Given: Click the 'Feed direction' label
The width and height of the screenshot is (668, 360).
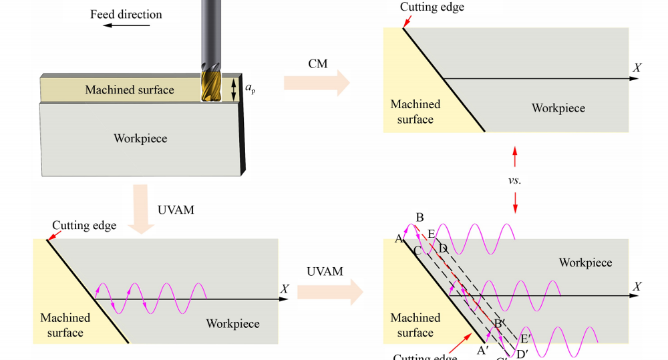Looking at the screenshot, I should pyautogui.click(x=126, y=14).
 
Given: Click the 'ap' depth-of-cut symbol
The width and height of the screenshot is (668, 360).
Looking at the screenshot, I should pyautogui.click(x=250, y=88).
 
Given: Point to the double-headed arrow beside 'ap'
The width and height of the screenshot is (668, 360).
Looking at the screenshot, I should pyautogui.click(x=233, y=89).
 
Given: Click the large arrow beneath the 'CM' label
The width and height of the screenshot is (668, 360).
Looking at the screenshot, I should pyautogui.click(x=317, y=83).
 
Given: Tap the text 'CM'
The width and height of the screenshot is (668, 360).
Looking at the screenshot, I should pyautogui.click(x=317, y=63).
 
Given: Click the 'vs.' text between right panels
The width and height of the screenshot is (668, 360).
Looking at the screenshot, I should pyautogui.click(x=514, y=180).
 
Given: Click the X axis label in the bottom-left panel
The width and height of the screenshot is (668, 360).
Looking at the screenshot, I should pyautogui.click(x=285, y=289).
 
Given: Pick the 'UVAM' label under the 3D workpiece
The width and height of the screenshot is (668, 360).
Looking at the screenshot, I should pyautogui.click(x=176, y=210).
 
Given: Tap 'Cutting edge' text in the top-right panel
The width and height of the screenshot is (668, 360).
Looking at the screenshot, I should pyautogui.click(x=432, y=7).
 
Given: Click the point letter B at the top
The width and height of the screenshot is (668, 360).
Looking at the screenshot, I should pyautogui.click(x=420, y=217).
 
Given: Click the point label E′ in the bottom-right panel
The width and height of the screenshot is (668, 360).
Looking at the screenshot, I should pyautogui.click(x=525, y=339).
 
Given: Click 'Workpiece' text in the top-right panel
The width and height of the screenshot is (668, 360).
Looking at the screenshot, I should pyautogui.click(x=558, y=108).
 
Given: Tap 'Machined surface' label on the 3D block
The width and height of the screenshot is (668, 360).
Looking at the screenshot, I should pyautogui.click(x=129, y=89).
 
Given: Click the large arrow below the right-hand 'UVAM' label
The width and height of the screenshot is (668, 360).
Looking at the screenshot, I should pyautogui.click(x=330, y=292).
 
